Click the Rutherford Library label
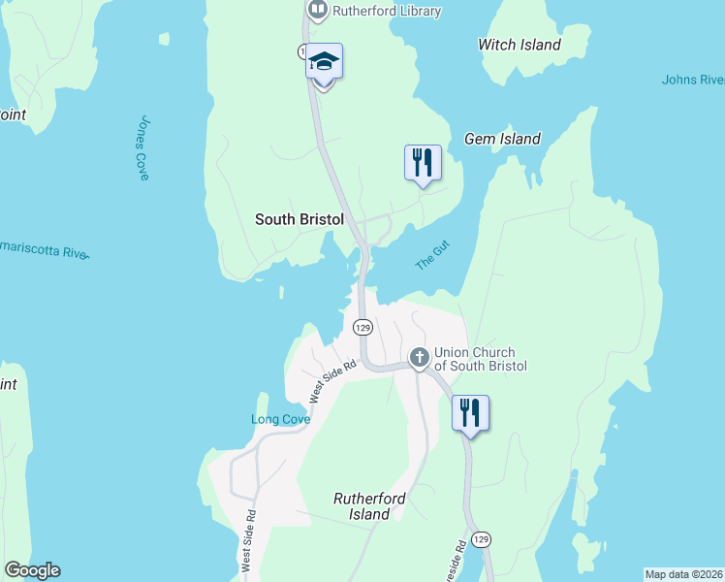tap(387, 12)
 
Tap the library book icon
tap(318, 11)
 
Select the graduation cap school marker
tap(324, 63)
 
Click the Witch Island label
tap(520, 45)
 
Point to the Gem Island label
tap(502, 139)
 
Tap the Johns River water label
tap(693, 80)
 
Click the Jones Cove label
tap(143, 148)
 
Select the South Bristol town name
tap(299, 219)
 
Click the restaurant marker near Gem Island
tap(422, 163)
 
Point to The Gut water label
tap(432, 258)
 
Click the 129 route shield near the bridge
tap(362, 327)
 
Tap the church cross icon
tap(420, 358)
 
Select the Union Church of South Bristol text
tap(480, 359)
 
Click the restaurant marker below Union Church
tap(470, 413)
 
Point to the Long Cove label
tap(281, 419)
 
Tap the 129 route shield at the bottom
tap(482, 538)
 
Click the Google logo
tap(32, 570)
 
